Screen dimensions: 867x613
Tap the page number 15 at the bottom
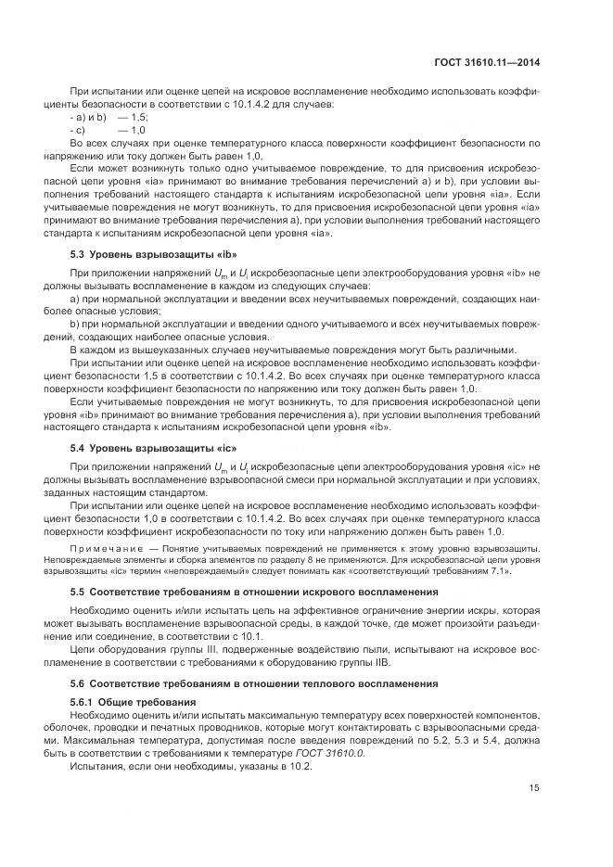coord(534,789)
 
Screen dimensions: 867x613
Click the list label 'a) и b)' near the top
coord(89,119)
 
